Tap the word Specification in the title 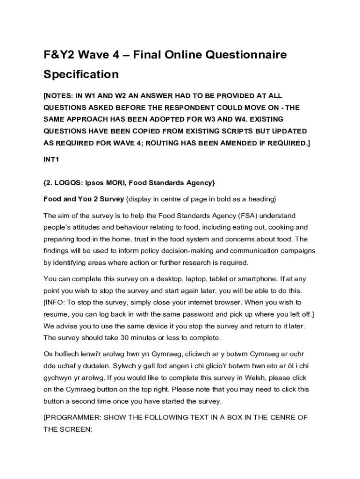pyautogui.click(x=81, y=74)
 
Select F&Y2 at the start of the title pyautogui.click(x=59, y=55)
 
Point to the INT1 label pyautogui.click(x=51, y=160)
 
